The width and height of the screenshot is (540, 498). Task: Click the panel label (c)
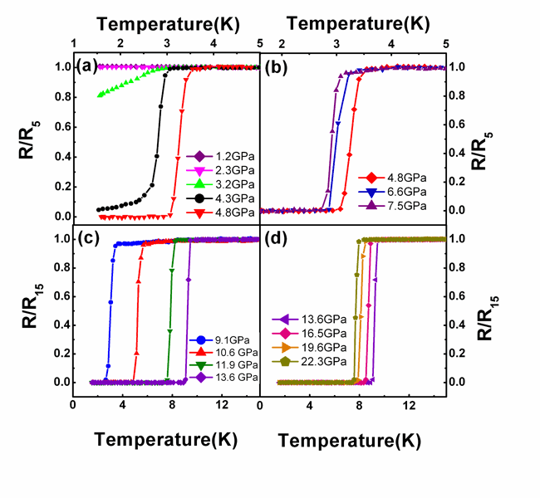click(89, 240)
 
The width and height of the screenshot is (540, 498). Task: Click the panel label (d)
click(277, 242)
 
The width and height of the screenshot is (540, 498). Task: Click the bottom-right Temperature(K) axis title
click(345, 441)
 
